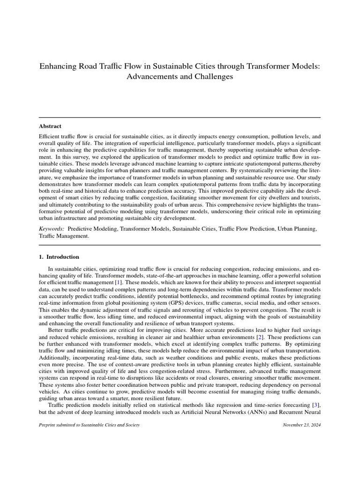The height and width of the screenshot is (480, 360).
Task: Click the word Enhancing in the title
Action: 57,66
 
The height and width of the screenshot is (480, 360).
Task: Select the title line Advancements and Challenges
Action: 180,77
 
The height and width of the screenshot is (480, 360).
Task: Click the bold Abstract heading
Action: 50,126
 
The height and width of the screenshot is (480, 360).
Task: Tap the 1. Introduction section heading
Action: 59,257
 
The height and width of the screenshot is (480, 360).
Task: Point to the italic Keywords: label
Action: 51,229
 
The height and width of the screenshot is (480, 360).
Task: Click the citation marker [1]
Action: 119,284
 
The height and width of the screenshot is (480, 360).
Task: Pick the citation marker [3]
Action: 316,404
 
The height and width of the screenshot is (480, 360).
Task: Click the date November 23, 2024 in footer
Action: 302,425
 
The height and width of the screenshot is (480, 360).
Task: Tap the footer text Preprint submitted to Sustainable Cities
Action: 89,425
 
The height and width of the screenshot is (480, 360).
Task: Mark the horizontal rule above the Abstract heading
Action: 180,118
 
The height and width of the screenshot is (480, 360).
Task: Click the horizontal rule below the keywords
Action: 180,245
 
